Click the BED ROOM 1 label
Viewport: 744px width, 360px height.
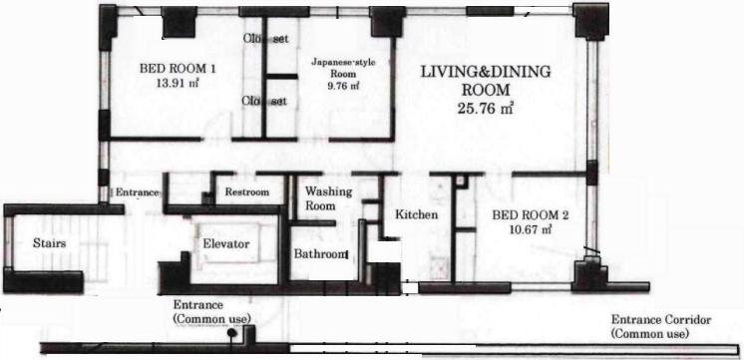[x=178, y=69]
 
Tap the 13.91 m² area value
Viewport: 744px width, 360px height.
[x=178, y=83]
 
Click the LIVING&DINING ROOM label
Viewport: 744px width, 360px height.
[x=487, y=81]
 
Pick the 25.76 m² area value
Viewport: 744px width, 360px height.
[x=487, y=109]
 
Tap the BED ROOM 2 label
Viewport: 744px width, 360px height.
[x=530, y=215]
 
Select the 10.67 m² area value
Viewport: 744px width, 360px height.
[x=530, y=229]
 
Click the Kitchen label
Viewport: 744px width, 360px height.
[x=417, y=214]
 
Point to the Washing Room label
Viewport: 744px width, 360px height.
[x=328, y=198]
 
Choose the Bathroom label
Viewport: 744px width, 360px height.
[x=321, y=253]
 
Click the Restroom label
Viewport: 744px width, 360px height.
[x=246, y=192]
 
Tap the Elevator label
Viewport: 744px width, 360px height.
[x=225, y=244]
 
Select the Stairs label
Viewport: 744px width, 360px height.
[x=49, y=243]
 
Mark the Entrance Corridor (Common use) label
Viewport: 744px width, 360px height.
[x=661, y=326]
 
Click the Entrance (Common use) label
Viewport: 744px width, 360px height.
[x=212, y=311]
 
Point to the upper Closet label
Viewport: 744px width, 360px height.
[x=266, y=39]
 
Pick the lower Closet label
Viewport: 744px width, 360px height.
[x=264, y=101]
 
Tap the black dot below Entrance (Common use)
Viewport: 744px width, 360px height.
[x=231, y=333]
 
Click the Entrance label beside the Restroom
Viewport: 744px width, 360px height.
[x=137, y=192]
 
